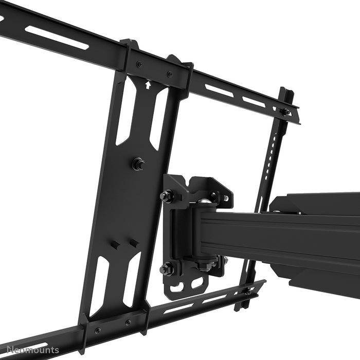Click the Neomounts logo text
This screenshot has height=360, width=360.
pyautogui.click(x=30, y=351)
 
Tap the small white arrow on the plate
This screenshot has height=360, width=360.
pyautogui.click(x=149, y=85)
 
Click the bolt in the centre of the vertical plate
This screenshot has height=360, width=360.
pyautogui.click(x=138, y=164)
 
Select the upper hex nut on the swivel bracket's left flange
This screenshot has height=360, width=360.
pyautogui.click(x=167, y=196)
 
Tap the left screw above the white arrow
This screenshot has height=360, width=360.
pyautogui.click(x=139, y=64)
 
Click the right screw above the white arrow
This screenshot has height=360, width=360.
pyautogui.click(x=169, y=74)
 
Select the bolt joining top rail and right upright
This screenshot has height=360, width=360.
pyautogui.click(x=284, y=111)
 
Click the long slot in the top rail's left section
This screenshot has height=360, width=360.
pyautogui.click(x=57, y=38)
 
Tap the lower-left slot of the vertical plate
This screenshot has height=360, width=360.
pyautogui.click(x=100, y=285)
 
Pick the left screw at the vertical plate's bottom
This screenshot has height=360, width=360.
pyautogui.click(x=98, y=330)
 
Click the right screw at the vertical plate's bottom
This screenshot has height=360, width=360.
pyautogui.click(x=128, y=322)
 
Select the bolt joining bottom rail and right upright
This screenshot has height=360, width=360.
pyautogui.click(x=248, y=291)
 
